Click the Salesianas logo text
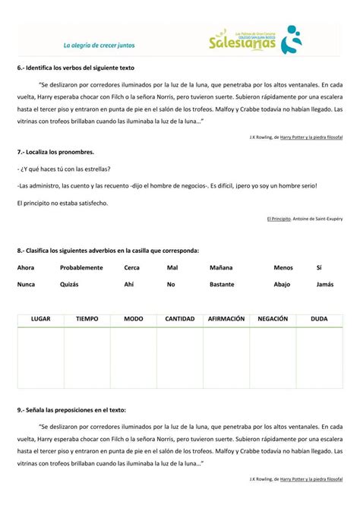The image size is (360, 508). pos(242,43)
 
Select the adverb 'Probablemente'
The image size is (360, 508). pos(81,267)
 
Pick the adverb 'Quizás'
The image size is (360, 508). pos(70,284)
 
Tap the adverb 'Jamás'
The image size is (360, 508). pos(325,284)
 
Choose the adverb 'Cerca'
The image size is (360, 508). pos(132,267)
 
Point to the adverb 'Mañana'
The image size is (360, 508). pos(221,267)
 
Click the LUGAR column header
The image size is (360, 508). pos(41,319)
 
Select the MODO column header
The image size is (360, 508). pos(134,319)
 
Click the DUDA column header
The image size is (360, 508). pos(319,319)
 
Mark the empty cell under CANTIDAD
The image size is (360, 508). pos(180,356)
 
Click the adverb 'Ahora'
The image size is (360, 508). pos(26,267)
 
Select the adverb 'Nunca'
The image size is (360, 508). pos(26,284)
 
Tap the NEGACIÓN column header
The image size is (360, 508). pos(273,319)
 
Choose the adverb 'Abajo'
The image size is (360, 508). pos(282,284)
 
